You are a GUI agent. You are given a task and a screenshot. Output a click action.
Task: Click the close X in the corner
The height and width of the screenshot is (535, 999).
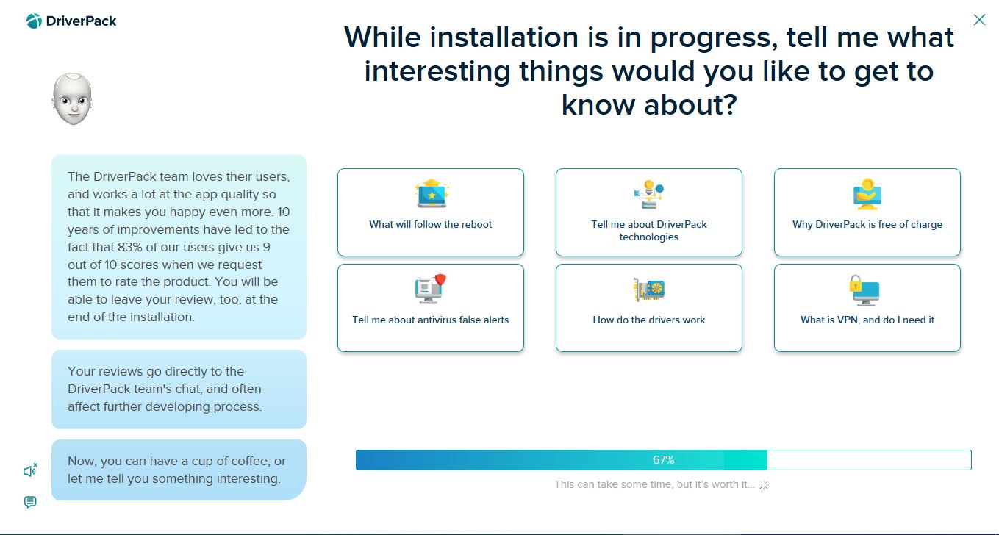pos(979,20)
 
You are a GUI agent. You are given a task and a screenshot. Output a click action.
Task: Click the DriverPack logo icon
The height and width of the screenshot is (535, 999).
pos(34,21)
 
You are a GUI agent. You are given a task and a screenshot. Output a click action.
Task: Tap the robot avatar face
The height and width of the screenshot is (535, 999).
pos(72,99)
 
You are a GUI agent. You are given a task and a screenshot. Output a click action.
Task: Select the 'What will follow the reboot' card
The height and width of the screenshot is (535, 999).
pos(430,212)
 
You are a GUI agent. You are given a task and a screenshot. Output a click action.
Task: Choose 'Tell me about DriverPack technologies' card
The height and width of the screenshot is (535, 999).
pos(649,212)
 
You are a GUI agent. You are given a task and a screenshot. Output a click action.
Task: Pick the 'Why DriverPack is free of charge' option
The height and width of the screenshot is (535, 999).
pos(867,212)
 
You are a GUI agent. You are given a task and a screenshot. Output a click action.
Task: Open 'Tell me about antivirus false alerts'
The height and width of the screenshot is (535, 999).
pos(430,308)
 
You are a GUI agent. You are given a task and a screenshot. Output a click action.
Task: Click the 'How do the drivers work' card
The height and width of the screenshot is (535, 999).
pos(649,308)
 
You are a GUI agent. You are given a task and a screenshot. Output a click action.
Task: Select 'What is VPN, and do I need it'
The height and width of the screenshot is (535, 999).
pos(867,308)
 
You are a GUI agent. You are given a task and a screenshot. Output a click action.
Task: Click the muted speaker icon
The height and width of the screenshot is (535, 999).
pos(30,470)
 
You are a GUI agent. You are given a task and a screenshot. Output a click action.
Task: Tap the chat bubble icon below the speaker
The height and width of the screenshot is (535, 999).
pos(30,502)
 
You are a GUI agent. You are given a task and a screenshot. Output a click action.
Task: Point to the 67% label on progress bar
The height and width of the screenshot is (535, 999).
pos(663,459)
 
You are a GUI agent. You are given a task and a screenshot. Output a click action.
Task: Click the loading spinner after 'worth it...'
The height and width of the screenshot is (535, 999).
pos(764,485)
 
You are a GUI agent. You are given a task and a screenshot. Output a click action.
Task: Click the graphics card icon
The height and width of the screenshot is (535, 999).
pos(649,290)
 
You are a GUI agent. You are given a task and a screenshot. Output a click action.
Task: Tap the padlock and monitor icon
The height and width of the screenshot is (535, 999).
pos(864,290)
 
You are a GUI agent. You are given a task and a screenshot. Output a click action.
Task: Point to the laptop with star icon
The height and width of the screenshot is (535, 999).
pos(432,193)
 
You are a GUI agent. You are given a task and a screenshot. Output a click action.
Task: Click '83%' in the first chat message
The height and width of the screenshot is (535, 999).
pos(131,247)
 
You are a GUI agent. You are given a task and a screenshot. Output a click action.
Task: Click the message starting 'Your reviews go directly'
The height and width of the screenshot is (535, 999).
pos(179,389)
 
